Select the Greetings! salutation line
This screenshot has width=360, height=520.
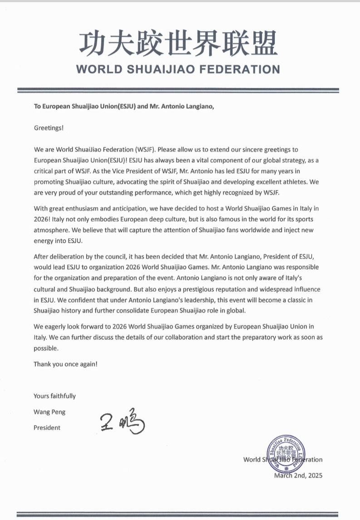49,128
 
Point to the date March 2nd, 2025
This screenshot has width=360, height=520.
298,476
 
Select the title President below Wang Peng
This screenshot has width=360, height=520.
47,427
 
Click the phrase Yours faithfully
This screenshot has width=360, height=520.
54,396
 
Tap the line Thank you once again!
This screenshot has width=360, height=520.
65,364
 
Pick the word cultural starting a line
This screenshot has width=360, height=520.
46,289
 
